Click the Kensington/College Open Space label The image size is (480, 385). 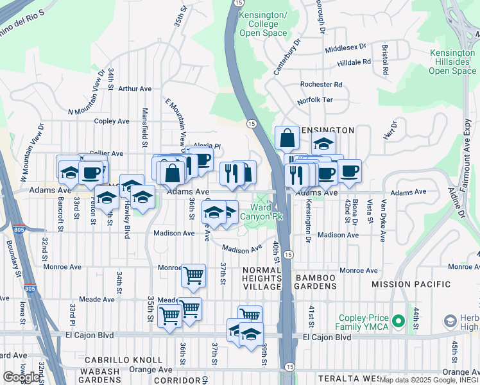coord(263,24)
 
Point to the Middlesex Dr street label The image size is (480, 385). coord(345,47)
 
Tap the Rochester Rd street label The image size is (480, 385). coord(321,85)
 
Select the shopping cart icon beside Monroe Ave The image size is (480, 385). coord(193,275)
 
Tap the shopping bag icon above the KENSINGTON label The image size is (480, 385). coord(287,137)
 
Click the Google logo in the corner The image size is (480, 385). coord(21,377)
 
